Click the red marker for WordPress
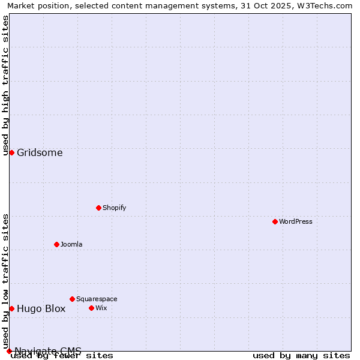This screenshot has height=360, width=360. [x=275, y=221]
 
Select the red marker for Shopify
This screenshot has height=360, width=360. [x=98, y=208]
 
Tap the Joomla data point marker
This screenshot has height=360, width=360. [x=56, y=244]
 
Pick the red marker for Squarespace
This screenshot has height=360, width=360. [x=72, y=299]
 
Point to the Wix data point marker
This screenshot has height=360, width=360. [x=91, y=308]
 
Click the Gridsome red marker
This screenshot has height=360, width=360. [x=11, y=152]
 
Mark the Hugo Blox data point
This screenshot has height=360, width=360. [x=11, y=308]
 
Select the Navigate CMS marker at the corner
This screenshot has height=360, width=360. [x=9, y=351]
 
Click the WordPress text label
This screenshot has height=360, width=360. [x=296, y=221]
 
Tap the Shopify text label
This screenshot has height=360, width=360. [x=114, y=208]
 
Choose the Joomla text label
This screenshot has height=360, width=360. [x=71, y=244]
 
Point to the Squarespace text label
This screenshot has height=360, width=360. [x=97, y=299]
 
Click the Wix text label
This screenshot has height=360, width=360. [x=101, y=308]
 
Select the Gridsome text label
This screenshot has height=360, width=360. [x=40, y=152]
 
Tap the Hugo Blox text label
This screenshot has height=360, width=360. [x=41, y=309]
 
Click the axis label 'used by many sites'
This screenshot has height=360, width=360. [x=301, y=356]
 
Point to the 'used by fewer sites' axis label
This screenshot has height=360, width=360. [x=62, y=356]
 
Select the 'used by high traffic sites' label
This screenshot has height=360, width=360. [x=5, y=85]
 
